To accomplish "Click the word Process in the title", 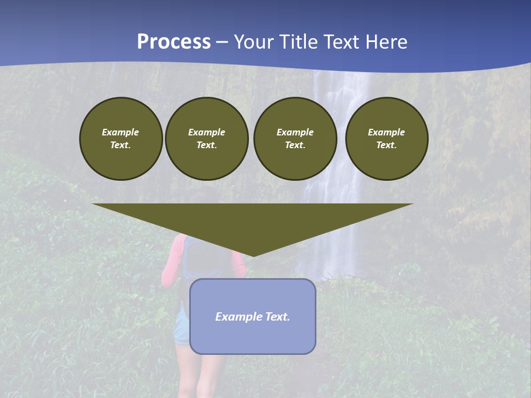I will tap(174, 42).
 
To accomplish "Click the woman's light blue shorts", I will tap(181, 326).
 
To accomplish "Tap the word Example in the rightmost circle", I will tap(386, 132).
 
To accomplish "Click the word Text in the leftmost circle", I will tap(120, 145).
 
